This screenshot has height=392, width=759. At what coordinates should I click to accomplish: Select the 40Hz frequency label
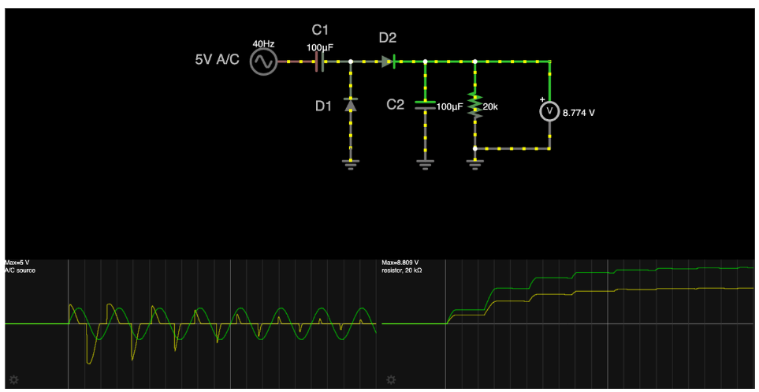[x=262, y=44]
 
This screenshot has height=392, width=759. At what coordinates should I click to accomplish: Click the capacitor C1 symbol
[x=320, y=62]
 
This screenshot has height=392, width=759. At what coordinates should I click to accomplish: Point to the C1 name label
[x=319, y=30]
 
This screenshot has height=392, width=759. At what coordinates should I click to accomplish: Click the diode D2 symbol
[x=387, y=62]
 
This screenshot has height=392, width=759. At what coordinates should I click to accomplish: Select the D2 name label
[x=387, y=37]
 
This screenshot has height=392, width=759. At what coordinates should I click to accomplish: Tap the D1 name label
[x=324, y=106]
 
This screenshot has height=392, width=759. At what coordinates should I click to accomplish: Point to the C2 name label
[x=395, y=104]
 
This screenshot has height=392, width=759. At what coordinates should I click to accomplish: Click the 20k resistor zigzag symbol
[x=474, y=104]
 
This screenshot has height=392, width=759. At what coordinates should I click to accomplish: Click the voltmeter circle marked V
[x=549, y=112]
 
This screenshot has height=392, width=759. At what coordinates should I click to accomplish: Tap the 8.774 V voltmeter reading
[x=579, y=113]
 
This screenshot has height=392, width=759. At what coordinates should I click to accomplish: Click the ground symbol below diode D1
[x=351, y=163]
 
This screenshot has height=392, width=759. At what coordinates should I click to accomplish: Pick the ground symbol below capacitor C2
[x=425, y=163]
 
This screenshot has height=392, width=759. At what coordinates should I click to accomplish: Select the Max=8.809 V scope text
[x=400, y=263]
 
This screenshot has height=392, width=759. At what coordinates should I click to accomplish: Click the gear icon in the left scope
[x=14, y=379]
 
